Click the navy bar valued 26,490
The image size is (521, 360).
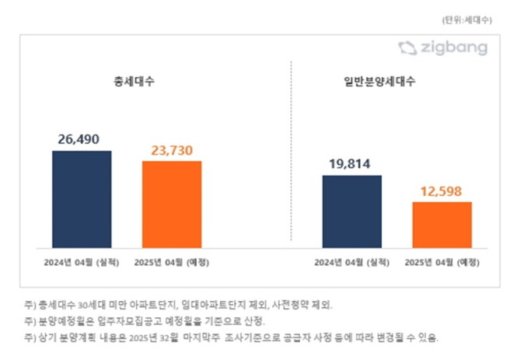pyautogui.click(x=82, y=199)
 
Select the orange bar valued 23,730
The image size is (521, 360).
pyautogui.click(x=171, y=204)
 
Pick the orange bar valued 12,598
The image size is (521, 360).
pyautogui.click(x=442, y=225)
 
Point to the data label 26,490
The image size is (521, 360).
pyautogui.click(x=82, y=140)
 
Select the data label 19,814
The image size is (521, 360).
pyautogui.click(x=351, y=165)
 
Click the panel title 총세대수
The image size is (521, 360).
pyautogui.click(x=127, y=81)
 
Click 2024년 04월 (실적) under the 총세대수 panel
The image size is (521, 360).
pyautogui.click(x=82, y=262)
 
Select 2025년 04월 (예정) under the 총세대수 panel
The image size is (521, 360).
pyautogui.click(x=172, y=262)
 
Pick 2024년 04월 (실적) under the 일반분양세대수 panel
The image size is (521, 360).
pyautogui.click(x=351, y=262)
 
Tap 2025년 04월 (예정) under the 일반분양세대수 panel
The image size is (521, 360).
pyautogui.click(x=442, y=262)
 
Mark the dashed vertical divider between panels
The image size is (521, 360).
pyautogui.click(x=291, y=156)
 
